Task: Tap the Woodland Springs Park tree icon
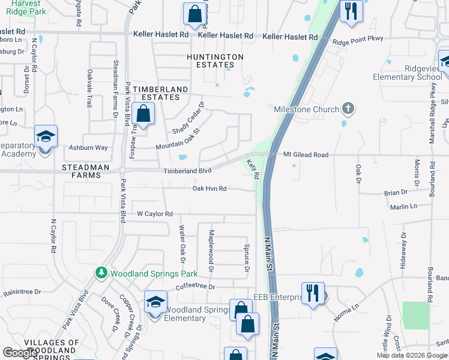(103, 273)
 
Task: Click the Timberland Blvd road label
(188, 171)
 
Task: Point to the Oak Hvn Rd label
(209, 188)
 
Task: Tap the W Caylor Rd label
(155, 214)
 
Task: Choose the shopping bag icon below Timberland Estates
(144, 114)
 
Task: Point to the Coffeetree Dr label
(196, 287)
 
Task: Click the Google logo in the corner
(20, 353)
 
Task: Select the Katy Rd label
(253, 169)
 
